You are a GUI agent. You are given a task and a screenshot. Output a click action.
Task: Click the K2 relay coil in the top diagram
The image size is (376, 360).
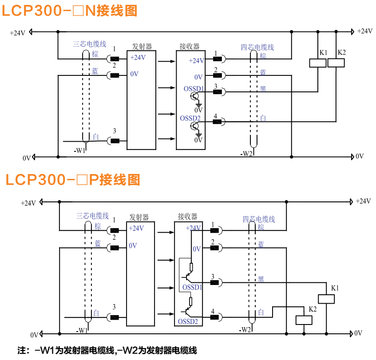(x=336, y=63)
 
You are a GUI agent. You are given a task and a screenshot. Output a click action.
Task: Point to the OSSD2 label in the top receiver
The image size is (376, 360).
(x=190, y=119)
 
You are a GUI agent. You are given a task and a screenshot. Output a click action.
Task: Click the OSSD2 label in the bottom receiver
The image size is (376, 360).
(x=188, y=321)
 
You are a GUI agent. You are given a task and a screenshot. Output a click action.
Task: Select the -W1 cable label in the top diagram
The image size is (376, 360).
(x=80, y=150)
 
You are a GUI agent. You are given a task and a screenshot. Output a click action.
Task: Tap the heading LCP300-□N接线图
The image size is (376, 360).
(x=70, y=11)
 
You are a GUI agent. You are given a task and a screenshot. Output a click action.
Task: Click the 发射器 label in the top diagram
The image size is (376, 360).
(x=142, y=47)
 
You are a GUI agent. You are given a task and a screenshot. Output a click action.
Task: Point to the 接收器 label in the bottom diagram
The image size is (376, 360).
(x=187, y=217)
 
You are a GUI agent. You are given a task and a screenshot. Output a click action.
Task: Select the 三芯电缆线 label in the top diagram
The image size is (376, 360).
(x=90, y=44)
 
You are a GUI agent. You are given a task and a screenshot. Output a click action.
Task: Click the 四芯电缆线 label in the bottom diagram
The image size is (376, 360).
(x=259, y=219)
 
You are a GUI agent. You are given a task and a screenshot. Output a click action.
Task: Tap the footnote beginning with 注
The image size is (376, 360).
(x=107, y=350)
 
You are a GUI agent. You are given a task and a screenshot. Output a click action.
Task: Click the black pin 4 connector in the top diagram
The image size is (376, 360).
(x=217, y=122)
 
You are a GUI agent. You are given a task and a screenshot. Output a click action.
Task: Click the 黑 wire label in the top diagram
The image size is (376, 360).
(x=263, y=89)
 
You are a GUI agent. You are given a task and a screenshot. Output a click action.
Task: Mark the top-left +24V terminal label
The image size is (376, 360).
(x=18, y=33)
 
